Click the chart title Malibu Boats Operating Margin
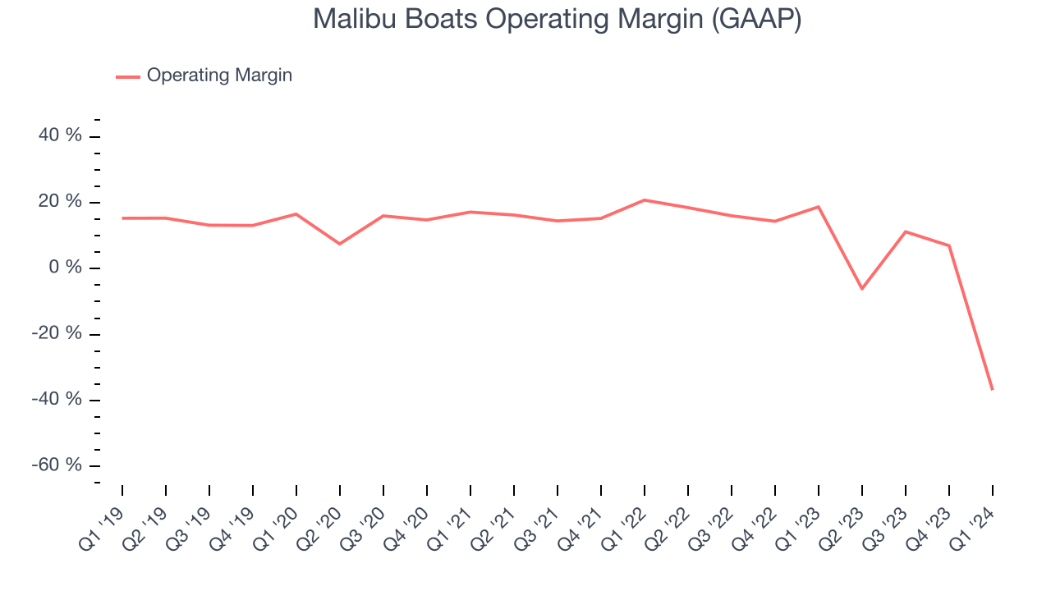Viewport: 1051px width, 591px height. click(x=557, y=20)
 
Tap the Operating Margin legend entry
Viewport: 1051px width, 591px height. click(x=219, y=76)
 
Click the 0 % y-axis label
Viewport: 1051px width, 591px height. click(x=66, y=268)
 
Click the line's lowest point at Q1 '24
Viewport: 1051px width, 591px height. click(x=992, y=389)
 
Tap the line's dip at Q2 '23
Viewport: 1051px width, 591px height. click(x=862, y=289)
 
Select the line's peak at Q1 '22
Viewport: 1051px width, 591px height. click(x=645, y=200)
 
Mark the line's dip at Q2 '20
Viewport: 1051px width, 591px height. click(x=340, y=244)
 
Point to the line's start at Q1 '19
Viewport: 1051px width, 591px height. click(x=122, y=218)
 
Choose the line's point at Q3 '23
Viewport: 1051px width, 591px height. click(x=906, y=231)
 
